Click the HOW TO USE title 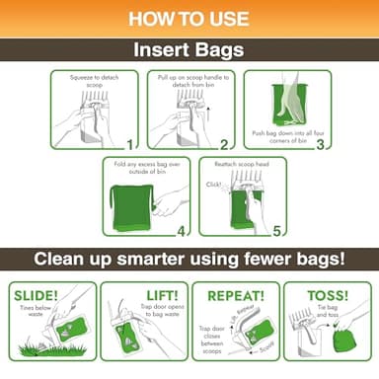click(x=189, y=18)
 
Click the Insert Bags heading click(x=189, y=50)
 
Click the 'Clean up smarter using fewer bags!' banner click(x=189, y=260)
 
